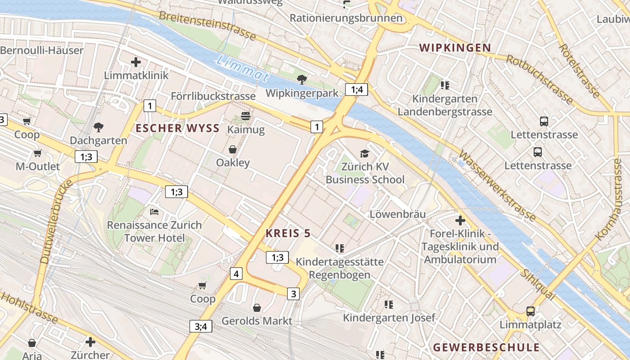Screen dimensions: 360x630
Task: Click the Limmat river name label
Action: click(x=243, y=69)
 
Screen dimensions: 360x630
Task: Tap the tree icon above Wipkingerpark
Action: click(x=302, y=80)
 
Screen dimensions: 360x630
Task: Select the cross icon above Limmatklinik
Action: click(x=136, y=62)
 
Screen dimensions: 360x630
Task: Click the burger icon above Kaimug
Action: click(x=246, y=116)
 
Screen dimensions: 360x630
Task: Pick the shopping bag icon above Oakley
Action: click(x=233, y=149)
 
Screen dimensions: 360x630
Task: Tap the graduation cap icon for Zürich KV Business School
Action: click(x=364, y=154)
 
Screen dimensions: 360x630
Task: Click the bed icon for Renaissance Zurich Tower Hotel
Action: click(x=154, y=211)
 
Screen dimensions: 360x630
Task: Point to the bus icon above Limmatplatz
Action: click(x=531, y=311)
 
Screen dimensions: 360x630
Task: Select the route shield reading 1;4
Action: click(x=357, y=90)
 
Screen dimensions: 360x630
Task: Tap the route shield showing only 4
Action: click(x=236, y=273)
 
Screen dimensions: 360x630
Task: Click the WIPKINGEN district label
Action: click(x=455, y=48)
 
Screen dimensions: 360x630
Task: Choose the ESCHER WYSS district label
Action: click(x=178, y=128)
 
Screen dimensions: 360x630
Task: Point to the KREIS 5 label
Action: click(x=288, y=233)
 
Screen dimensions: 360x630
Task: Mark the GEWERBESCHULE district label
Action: click(x=486, y=347)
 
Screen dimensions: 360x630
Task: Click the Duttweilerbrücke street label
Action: click(x=56, y=222)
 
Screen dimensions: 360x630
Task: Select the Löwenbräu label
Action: click(x=397, y=214)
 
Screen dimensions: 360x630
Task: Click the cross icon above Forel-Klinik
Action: click(x=460, y=220)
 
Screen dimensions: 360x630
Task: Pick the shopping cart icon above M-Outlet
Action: click(x=37, y=153)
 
